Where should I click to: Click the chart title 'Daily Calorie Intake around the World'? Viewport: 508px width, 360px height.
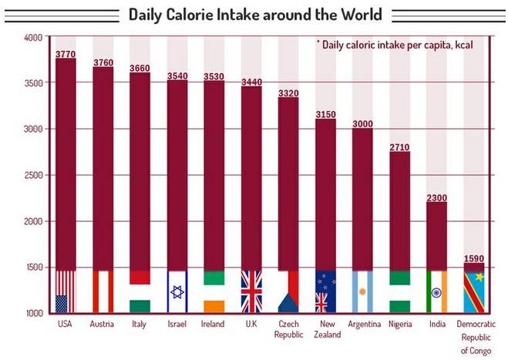tap(254, 15)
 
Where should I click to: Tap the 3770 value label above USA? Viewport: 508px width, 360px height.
tap(66, 54)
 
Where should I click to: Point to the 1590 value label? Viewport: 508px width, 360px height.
tap(473, 258)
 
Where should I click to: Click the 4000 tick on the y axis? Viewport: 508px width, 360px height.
tap(33, 37)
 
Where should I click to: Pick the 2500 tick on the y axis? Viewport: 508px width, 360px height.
tap(33, 175)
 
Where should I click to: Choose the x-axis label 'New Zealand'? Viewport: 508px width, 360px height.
tap(325, 329)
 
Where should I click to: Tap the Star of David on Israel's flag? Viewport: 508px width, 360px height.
tap(177, 292)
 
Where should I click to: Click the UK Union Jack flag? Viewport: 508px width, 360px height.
tap(251, 291)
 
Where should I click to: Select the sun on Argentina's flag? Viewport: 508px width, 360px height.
tap(362, 292)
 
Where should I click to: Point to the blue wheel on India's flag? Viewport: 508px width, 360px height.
tap(436, 293)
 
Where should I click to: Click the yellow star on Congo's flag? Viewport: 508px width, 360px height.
tap(479, 277)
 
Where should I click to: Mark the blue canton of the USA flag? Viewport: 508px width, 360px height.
tap(61, 303)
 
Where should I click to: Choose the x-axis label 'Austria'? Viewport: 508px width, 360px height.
tap(103, 325)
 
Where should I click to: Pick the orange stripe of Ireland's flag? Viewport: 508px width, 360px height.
tap(214, 305)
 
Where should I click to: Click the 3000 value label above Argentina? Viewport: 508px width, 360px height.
tap(362, 123)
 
